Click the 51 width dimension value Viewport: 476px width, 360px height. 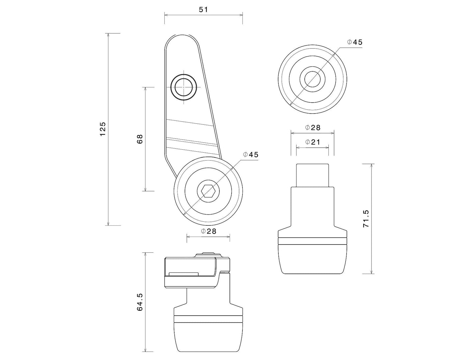203,10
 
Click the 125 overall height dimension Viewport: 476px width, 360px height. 103,129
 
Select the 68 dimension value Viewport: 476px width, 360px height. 140,139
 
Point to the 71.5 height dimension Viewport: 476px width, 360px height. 366,219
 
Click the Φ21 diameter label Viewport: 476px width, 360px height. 312,142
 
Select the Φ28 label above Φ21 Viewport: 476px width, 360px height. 312,128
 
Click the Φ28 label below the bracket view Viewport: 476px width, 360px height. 209,231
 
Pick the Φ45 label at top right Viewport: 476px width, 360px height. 354,42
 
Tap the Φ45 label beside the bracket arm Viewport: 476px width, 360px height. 251,155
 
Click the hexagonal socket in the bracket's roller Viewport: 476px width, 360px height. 208,191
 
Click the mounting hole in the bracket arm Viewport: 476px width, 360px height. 184,88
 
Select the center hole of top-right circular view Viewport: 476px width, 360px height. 312,79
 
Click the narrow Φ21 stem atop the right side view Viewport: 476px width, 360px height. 312,175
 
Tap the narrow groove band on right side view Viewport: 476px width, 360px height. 312,241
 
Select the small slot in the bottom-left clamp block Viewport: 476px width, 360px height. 183,274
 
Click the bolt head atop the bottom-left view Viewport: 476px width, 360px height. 208,254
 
